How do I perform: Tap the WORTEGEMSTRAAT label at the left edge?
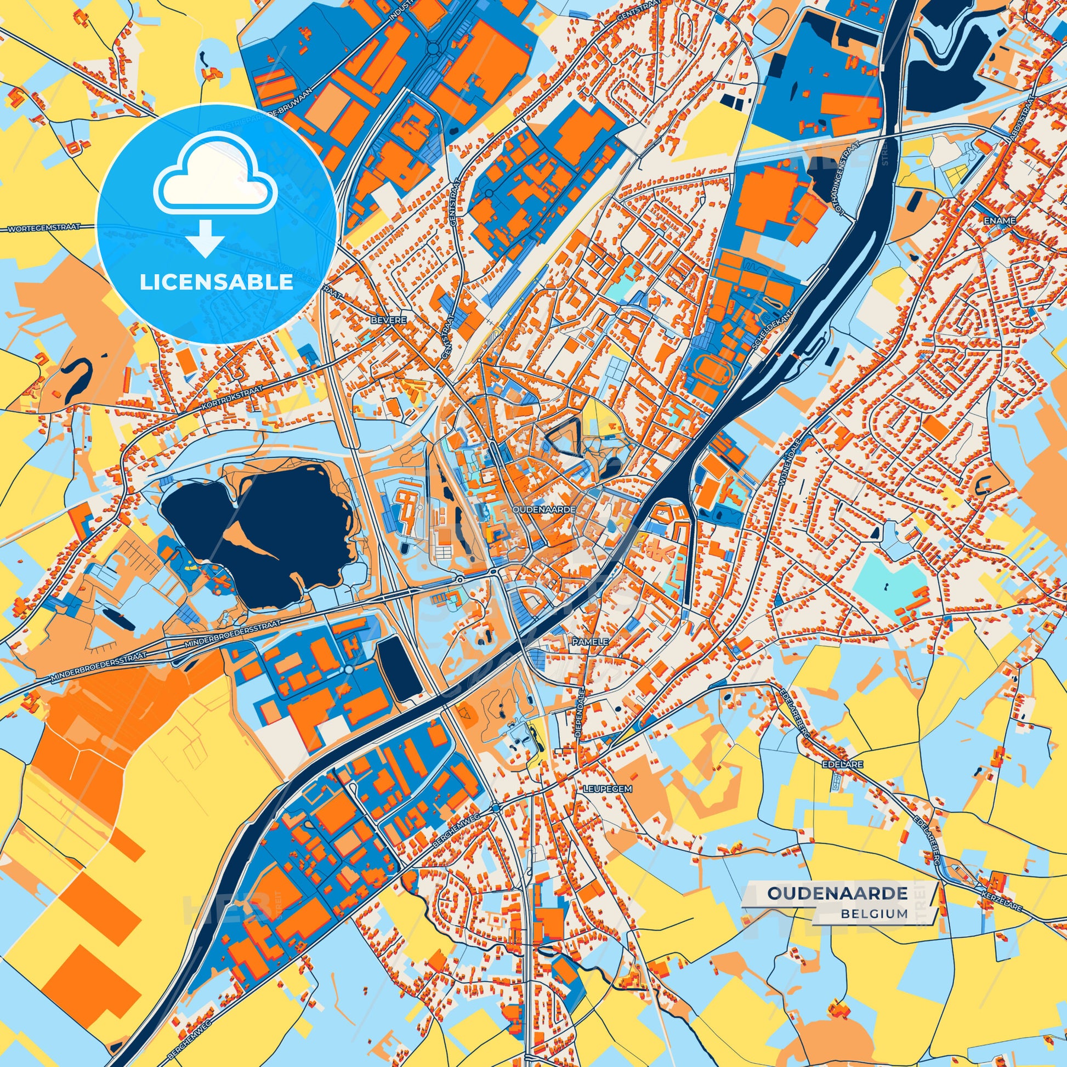[44, 227]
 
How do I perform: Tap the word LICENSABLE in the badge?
[216, 283]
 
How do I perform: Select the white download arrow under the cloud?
[205, 239]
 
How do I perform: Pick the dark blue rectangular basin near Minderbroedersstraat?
[399, 669]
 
